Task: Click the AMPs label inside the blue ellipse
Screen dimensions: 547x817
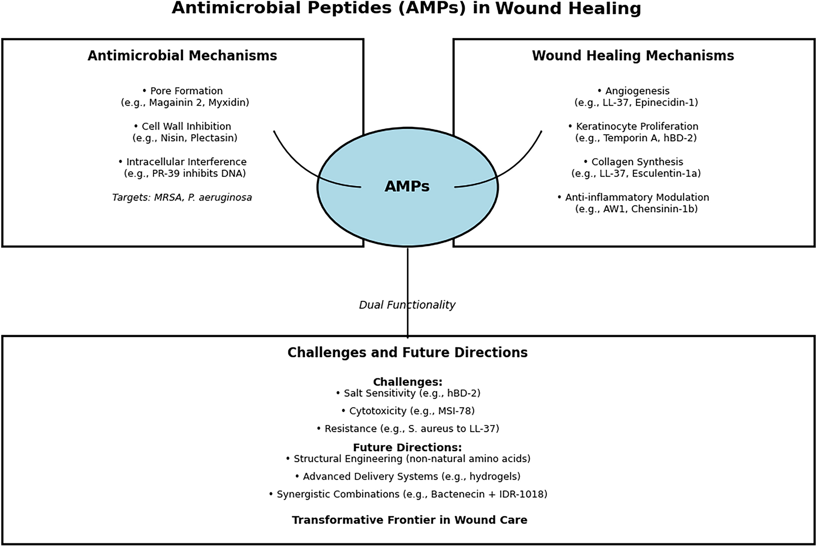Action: [407, 186]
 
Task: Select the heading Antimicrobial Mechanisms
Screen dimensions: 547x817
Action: [182, 56]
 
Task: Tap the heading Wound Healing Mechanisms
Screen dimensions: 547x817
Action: [633, 56]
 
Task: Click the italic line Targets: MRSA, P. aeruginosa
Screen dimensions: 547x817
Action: [182, 198]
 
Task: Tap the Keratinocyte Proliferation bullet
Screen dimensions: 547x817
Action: [633, 127]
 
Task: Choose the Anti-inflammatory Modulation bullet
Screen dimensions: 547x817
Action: [633, 198]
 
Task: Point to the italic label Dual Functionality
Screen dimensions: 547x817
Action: [407, 305]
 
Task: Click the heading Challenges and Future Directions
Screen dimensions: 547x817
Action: [407, 353]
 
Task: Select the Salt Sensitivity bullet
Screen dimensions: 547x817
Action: [408, 393]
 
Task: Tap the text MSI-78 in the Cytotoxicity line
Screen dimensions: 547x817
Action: [454, 411]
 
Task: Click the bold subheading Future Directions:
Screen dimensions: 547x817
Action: [407, 448]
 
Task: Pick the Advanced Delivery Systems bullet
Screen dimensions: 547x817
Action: [408, 477]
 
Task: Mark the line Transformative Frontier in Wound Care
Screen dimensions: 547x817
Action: [410, 520]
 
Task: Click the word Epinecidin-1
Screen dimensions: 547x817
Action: [667, 103]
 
